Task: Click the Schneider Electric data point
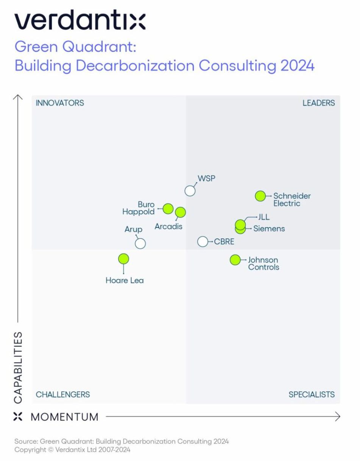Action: click(260, 196)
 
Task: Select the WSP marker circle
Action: click(190, 191)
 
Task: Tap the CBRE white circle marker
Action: click(203, 241)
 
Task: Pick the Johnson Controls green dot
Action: click(235, 260)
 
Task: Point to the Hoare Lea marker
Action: click(123, 259)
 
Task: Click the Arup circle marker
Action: click(140, 243)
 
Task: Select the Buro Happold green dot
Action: click(168, 209)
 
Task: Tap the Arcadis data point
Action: click(181, 212)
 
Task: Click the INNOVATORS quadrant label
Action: click(60, 103)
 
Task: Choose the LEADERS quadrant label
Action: click(319, 103)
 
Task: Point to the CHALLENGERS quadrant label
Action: click(63, 394)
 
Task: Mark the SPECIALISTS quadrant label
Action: click(312, 394)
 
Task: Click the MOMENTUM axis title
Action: click(64, 417)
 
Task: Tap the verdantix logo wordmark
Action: click(80, 21)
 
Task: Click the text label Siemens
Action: click(269, 229)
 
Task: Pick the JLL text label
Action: click(264, 218)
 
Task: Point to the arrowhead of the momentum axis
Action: click(338, 417)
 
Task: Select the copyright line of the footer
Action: click(72, 450)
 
